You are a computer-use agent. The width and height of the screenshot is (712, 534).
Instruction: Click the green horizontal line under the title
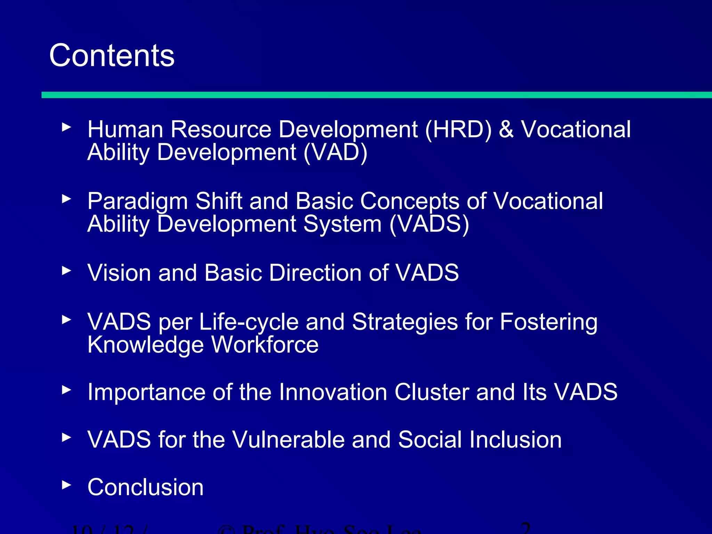pos(375,95)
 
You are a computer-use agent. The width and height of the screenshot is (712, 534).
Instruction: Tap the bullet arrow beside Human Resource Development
pos(66,127)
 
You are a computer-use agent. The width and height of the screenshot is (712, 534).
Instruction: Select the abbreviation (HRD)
pos(458,130)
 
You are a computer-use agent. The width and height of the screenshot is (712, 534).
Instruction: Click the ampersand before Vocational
pos(506,129)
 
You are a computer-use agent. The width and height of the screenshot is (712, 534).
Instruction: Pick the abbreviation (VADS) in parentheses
pos(429,224)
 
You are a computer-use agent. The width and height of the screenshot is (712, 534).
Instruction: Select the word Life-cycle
pos(249,322)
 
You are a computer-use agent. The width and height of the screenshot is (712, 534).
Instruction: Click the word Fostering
pos(549,322)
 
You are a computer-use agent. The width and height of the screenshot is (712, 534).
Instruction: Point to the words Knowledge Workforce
pos(203,345)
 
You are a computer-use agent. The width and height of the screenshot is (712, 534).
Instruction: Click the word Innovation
pos(333,392)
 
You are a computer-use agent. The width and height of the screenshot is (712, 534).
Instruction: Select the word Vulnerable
pos(288,440)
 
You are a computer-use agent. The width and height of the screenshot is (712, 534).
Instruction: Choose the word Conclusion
pos(145,487)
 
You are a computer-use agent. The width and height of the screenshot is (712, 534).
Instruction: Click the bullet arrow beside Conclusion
pos(66,485)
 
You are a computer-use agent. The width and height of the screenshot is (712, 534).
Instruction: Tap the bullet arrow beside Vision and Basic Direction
pos(66,270)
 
